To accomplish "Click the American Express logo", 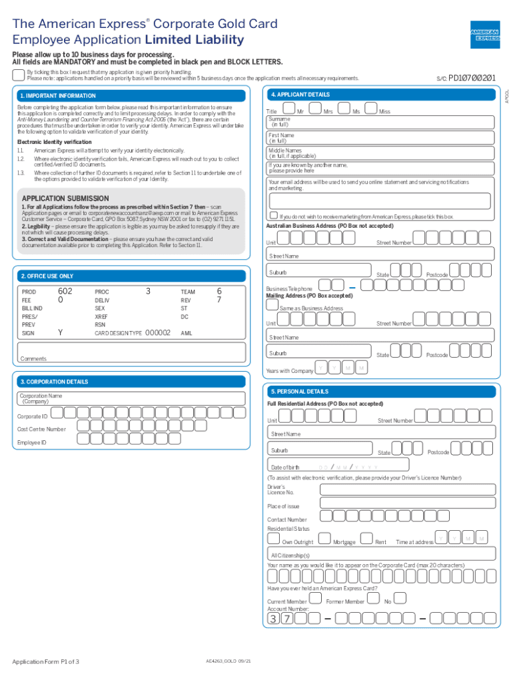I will pyautogui.click(x=485, y=33).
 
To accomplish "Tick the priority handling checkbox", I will pyautogui.click(x=19, y=73).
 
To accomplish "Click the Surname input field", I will pyautogui.click(x=380, y=122).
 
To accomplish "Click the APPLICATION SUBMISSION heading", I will pyautogui.click(x=65, y=198).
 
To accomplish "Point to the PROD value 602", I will pyautogui.click(x=65, y=292).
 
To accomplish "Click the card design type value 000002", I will pyautogui.click(x=159, y=332).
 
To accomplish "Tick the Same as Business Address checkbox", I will pyautogui.click(x=272, y=305).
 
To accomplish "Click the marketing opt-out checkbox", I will pyautogui.click(x=273, y=216).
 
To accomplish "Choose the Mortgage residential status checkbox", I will pyautogui.click(x=326, y=539).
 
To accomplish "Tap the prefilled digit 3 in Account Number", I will pyautogui.click(x=274, y=619).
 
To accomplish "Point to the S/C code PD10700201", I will pyautogui.click(x=472, y=78).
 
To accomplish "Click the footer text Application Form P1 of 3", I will pyautogui.click(x=45, y=661).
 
